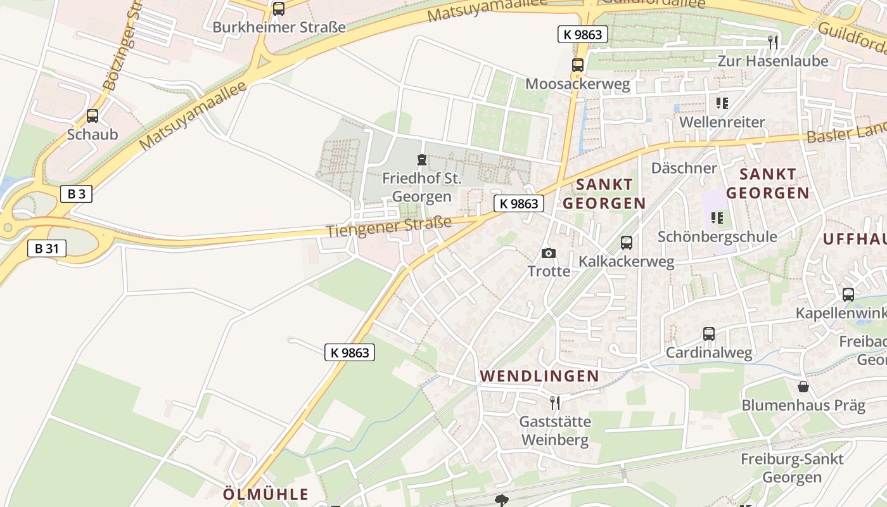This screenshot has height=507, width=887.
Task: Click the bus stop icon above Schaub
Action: pos(93,116)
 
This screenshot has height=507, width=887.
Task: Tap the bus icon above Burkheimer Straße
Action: pos(279,9)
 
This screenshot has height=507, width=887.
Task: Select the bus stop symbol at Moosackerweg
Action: pos(577,65)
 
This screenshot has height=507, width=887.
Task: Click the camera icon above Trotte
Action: pos(549,253)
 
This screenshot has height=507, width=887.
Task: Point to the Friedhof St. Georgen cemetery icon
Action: pos(421,159)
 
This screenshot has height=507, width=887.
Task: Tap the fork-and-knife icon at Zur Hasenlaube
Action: pos(772,42)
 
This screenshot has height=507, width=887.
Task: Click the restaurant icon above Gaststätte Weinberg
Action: pos(555,402)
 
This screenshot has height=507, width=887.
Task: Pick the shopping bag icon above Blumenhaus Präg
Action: pos(803,386)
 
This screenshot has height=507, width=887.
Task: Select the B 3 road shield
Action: pos(77,194)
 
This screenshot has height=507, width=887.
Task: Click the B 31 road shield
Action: pos(47,248)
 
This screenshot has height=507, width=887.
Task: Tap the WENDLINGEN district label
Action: pos(539,376)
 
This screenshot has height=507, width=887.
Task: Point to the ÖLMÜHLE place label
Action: pos(266,494)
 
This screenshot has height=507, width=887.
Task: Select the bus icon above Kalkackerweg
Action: pos(627,242)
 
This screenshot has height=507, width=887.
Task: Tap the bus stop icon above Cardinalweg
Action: pos(709,334)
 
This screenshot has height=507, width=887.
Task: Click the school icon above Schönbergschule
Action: pos(717,219)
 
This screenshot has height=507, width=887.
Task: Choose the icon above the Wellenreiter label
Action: pos(722,103)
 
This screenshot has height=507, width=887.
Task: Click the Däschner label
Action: pos(684,168)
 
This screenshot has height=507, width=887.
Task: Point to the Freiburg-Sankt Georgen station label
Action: pos(792,468)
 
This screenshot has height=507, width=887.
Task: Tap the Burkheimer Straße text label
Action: pos(279,27)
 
